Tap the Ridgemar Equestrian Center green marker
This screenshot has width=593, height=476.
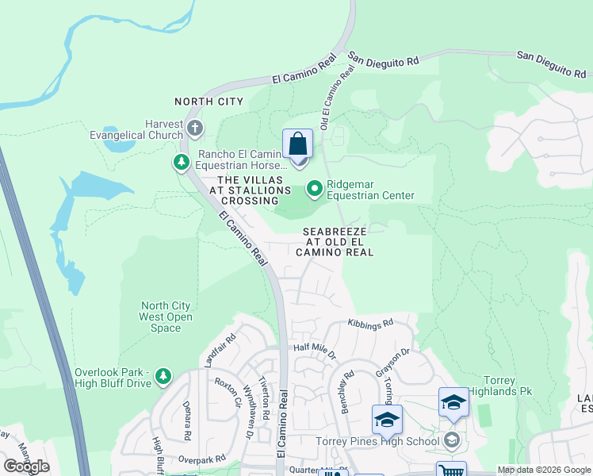pyautogui.click(x=315, y=188)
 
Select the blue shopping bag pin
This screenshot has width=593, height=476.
pyautogui.click(x=297, y=146)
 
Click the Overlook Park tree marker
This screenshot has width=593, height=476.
pyautogui.click(x=163, y=376)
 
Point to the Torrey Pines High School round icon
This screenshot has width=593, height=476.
pyautogui.click(x=452, y=440)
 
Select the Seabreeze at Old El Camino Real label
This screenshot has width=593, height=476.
pyautogui.click(x=335, y=241)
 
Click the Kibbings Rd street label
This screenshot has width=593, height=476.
pyautogui.click(x=371, y=324)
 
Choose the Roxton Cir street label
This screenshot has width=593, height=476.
pyautogui.click(x=227, y=391)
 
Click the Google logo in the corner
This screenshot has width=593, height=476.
pyautogui.click(x=27, y=466)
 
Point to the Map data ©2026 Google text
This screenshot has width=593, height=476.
pyautogui.click(x=543, y=470)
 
